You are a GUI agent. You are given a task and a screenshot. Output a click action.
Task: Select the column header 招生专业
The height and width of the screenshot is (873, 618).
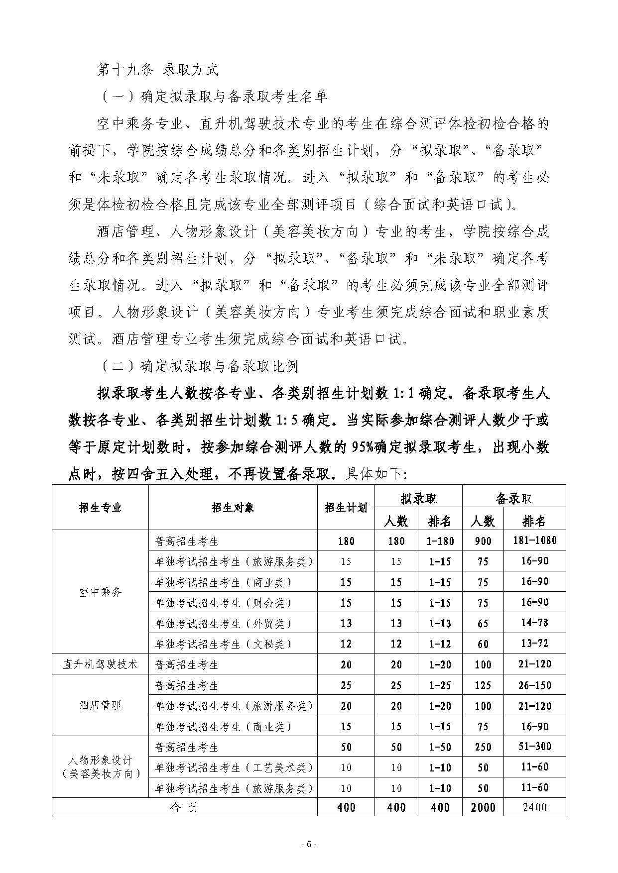100,507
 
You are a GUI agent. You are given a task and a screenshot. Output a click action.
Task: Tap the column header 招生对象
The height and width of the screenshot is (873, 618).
233,507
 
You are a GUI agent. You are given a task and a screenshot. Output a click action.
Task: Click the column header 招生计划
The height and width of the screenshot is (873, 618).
346,507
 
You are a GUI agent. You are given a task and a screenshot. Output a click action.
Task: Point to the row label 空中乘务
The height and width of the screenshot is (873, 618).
100,592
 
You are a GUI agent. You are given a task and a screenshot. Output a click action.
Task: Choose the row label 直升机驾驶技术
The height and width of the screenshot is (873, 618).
100,664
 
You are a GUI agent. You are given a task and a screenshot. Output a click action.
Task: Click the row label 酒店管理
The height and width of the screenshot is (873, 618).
100,705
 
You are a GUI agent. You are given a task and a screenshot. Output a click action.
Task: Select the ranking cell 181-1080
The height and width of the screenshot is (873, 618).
534,541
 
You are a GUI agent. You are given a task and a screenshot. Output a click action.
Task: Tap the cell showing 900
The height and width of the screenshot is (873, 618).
483,541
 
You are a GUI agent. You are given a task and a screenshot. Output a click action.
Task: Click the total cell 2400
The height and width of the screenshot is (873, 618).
534,807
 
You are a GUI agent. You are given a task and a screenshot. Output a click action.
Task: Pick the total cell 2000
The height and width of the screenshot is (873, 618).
483,807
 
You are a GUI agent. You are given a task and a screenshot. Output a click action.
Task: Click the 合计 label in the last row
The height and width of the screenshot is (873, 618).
184,807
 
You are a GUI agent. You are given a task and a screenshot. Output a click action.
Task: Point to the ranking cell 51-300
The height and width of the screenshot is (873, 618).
534,747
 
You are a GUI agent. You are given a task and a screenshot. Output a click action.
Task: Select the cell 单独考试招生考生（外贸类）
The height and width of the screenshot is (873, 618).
223,624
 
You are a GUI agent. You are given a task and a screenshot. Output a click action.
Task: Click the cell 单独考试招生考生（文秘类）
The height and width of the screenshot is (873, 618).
223,644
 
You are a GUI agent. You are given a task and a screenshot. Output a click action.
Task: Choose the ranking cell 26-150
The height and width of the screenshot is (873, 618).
534,685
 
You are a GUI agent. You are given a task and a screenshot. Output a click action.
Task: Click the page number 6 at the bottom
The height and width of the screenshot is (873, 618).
309,844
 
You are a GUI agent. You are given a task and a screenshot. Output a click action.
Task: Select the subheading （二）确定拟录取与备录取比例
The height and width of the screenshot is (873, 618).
199,367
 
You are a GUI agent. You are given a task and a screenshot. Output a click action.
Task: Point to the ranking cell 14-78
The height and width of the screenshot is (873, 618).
534,623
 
